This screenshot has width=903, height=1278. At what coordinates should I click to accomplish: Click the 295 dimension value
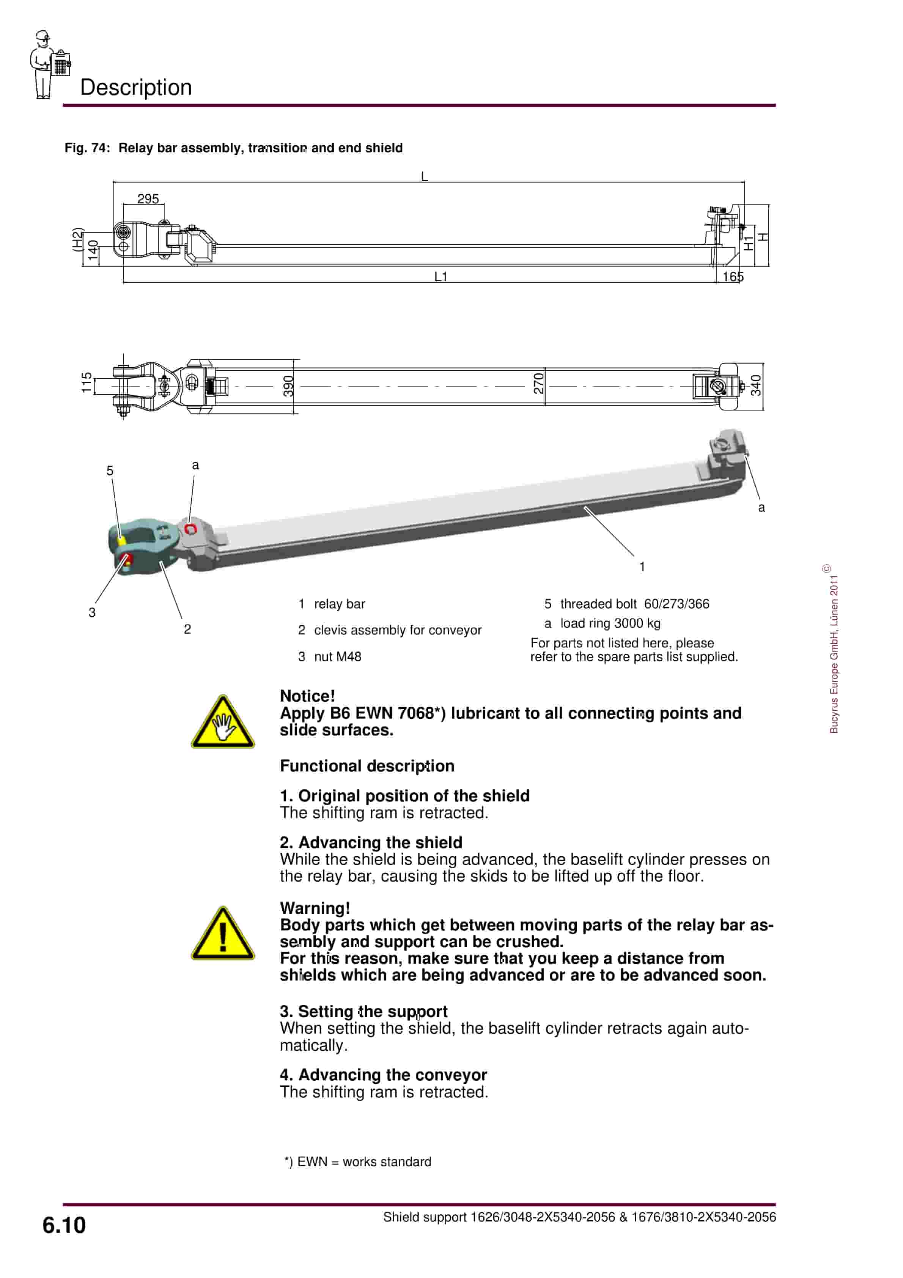tap(148, 199)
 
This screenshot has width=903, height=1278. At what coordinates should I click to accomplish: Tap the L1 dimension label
tap(441, 277)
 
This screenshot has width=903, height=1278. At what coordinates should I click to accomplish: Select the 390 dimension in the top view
tap(288, 386)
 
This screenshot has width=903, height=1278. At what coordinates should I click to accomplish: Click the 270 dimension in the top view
tap(538, 384)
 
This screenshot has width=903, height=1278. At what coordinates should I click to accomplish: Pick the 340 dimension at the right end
tap(755, 385)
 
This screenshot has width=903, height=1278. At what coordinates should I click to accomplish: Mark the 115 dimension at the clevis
tap(86, 383)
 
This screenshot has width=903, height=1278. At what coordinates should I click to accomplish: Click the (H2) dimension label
tap(77, 240)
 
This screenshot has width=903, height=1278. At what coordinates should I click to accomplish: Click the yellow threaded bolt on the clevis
tap(122, 540)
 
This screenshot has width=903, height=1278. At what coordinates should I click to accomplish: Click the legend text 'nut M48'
tap(337, 657)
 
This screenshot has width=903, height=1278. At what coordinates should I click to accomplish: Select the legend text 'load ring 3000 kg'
tap(610, 623)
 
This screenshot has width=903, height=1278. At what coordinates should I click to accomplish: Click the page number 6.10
tap(64, 1226)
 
